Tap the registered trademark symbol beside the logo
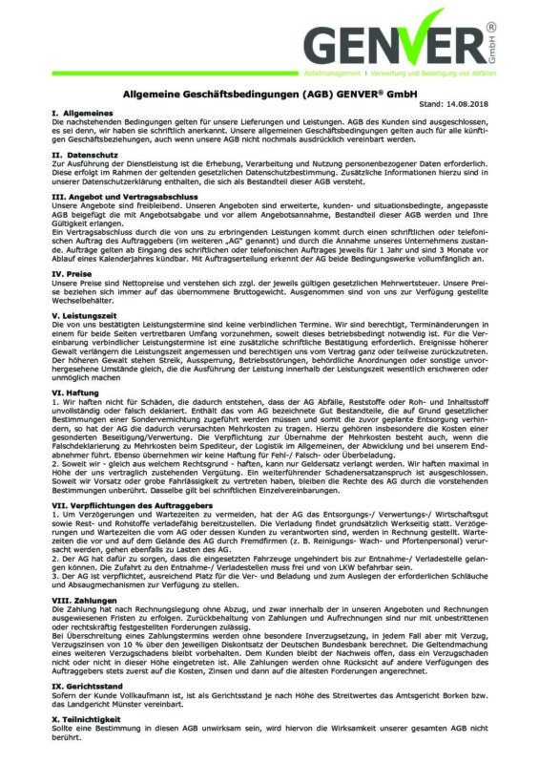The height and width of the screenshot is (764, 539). point(516,30)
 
